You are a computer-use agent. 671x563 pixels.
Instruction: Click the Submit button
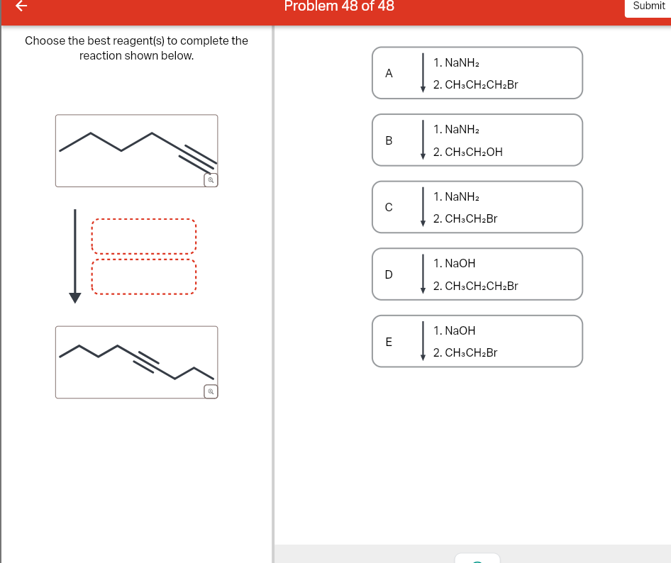coord(648,6)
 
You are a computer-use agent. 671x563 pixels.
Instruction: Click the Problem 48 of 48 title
coord(339,6)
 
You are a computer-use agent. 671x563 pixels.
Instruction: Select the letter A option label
coord(388,73)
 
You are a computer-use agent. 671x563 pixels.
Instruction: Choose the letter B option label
coord(388,140)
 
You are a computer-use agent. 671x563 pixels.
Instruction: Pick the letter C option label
coord(388,207)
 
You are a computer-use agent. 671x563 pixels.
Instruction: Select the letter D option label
coord(388,274)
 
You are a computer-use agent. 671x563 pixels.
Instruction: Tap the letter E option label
coord(388,341)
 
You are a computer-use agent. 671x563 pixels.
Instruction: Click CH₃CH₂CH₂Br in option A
coord(475,85)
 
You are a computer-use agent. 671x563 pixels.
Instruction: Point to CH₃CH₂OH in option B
coord(467,152)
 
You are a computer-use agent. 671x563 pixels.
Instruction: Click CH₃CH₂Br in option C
coord(465,219)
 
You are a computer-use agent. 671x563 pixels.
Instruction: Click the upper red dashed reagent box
coord(143,236)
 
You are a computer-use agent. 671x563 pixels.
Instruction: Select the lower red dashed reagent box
coord(143,277)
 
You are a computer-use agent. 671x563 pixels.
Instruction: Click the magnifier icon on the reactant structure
coord(210,180)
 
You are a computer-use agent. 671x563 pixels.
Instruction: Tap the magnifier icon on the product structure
coord(210,391)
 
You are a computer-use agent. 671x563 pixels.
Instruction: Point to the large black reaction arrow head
coord(74,297)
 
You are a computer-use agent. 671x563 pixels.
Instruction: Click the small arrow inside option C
coord(423,207)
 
